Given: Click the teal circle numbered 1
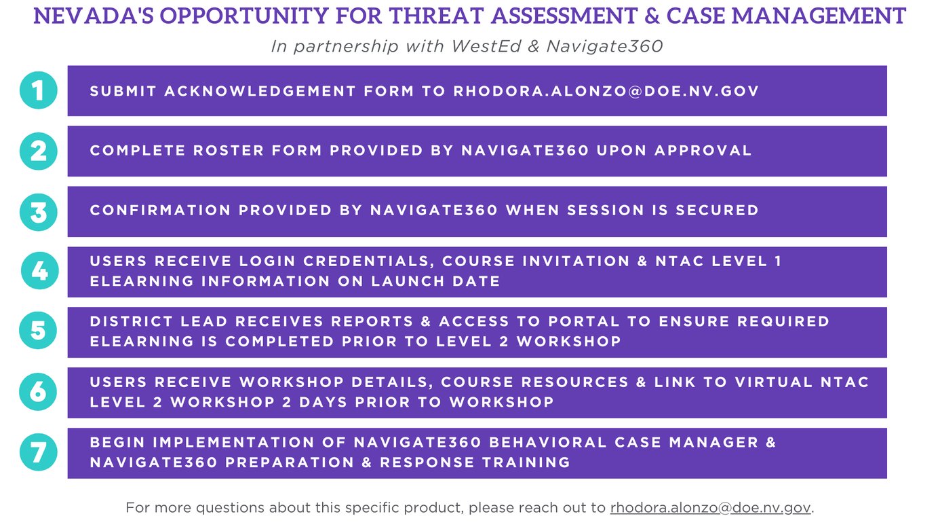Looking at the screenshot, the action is pos(39,90).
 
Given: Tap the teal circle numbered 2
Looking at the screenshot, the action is pos(39,151).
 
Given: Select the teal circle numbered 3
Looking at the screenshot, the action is pos(39,212).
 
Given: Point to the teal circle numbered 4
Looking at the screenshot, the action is pos(40,270).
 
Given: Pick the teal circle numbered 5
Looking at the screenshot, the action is pos(38,330).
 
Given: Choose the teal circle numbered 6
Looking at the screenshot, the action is pos(38,392).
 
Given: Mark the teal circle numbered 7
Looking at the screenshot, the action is pos(39,452).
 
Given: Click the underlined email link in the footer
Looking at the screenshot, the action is pos(711,507).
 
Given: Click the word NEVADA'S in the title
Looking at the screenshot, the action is pos(94,16).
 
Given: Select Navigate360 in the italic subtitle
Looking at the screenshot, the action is pos(604,46).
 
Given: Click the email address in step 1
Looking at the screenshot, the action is pos(606,91).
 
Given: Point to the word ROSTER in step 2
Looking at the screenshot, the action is pos(229,151).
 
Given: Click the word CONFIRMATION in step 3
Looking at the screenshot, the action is pos(160,210).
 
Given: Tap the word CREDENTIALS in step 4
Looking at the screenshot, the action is pos(369,261).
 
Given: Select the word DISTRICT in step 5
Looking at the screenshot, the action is pos(132,321).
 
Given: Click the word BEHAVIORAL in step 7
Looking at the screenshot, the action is pos(548,443).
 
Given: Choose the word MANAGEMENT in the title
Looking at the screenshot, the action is pos(819,16).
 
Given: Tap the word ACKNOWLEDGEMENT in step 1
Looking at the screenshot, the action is pos(260,91).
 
